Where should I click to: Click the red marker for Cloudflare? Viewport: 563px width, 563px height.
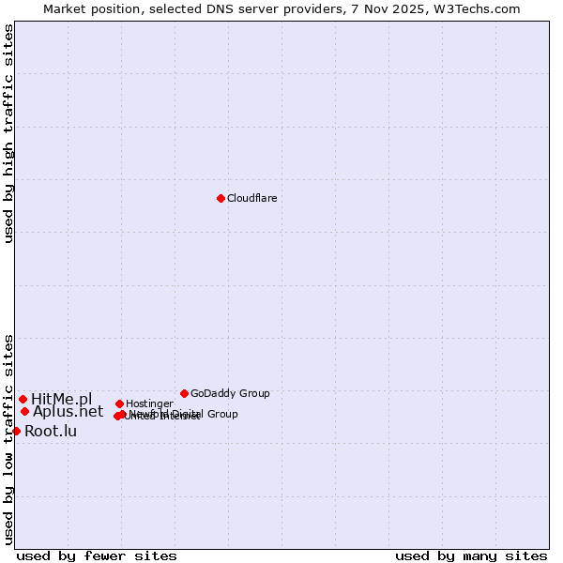click(221, 198)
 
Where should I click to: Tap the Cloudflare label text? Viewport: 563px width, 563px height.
click(252, 198)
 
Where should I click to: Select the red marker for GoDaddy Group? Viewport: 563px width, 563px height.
click(184, 393)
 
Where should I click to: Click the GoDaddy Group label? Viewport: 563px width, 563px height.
click(230, 393)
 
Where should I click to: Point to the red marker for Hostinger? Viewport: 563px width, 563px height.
click(119, 403)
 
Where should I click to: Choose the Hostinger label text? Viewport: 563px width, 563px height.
click(149, 403)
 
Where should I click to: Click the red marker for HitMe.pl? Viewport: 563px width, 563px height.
click(23, 399)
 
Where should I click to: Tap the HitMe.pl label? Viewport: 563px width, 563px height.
click(62, 399)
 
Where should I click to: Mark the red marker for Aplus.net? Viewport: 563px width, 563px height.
click(24, 411)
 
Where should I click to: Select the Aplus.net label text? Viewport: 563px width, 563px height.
click(68, 411)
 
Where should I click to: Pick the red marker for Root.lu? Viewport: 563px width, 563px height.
click(16, 431)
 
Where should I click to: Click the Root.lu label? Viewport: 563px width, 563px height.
click(51, 431)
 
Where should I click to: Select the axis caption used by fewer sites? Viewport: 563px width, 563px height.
click(97, 555)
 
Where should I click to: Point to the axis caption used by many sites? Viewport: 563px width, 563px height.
click(471, 555)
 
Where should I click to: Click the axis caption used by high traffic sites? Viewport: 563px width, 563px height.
click(8, 133)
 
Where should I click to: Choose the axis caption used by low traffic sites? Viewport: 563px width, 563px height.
click(8, 438)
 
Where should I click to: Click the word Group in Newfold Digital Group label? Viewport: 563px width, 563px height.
click(221, 414)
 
